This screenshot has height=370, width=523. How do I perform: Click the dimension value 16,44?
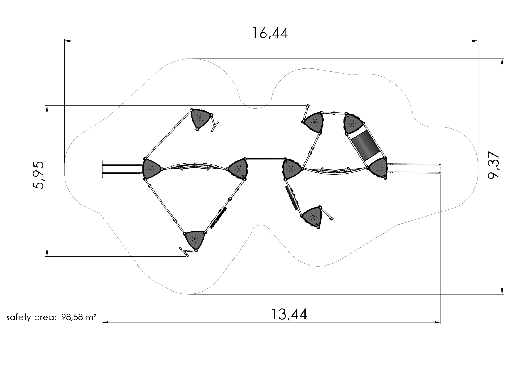point(270,33)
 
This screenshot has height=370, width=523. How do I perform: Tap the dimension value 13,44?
point(289,314)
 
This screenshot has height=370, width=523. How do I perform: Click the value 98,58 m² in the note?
point(78,317)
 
